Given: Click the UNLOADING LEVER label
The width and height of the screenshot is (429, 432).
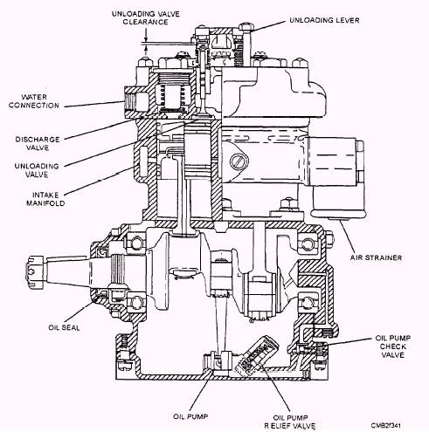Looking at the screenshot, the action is click(x=324, y=20).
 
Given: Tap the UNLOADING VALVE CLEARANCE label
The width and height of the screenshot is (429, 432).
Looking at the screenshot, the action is click(x=146, y=17).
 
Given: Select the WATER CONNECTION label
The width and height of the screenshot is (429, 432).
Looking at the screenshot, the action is click(x=34, y=101).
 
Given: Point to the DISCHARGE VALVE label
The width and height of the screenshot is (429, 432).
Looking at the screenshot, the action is click(x=38, y=143).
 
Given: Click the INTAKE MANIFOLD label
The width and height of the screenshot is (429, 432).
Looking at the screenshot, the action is click(x=45, y=199).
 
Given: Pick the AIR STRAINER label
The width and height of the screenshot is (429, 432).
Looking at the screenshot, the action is click(x=376, y=257).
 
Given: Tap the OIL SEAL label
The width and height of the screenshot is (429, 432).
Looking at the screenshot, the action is click(x=64, y=327).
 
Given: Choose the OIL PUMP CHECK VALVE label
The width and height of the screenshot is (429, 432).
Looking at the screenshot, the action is click(x=392, y=346).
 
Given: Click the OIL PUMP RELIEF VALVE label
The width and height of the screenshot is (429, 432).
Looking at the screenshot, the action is click(x=290, y=422).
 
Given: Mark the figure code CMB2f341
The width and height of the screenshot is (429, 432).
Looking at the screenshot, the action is click(x=386, y=425).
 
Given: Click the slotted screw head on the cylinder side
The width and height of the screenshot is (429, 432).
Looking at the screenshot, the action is click(x=239, y=161).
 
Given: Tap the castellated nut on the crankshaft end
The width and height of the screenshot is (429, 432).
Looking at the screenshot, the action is click(x=35, y=271).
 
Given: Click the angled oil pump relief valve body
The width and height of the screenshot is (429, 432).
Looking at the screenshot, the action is click(x=257, y=355).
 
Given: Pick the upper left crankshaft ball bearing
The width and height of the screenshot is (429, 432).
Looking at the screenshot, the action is click(x=136, y=243).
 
